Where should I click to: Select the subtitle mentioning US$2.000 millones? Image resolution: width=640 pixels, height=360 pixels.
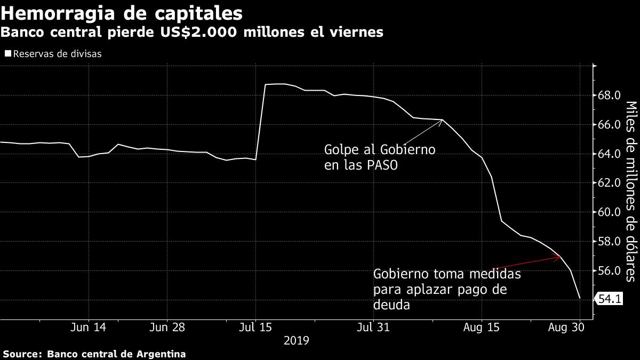(x=192, y=33)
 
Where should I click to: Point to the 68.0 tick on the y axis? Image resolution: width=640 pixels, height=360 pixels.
(x=609, y=96)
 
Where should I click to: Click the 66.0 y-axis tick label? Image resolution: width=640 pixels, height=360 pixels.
(x=609, y=125)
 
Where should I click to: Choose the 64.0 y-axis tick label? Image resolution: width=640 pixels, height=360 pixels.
(x=609, y=154)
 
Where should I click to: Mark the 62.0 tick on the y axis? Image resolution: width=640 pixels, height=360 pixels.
(x=609, y=183)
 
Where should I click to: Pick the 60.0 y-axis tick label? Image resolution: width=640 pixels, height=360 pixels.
(x=609, y=212)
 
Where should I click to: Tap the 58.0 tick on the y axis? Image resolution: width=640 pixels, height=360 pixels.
(x=609, y=242)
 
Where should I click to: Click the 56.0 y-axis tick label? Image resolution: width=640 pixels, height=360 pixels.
(x=609, y=271)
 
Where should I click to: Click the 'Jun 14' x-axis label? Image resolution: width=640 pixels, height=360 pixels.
(x=89, y=327)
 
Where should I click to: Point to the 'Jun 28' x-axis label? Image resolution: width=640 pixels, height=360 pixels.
(x=167, y=327)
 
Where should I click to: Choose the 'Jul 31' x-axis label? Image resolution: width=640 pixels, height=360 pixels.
(x=372, y=327)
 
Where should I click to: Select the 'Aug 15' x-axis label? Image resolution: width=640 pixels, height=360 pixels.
(x=482, y=327)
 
